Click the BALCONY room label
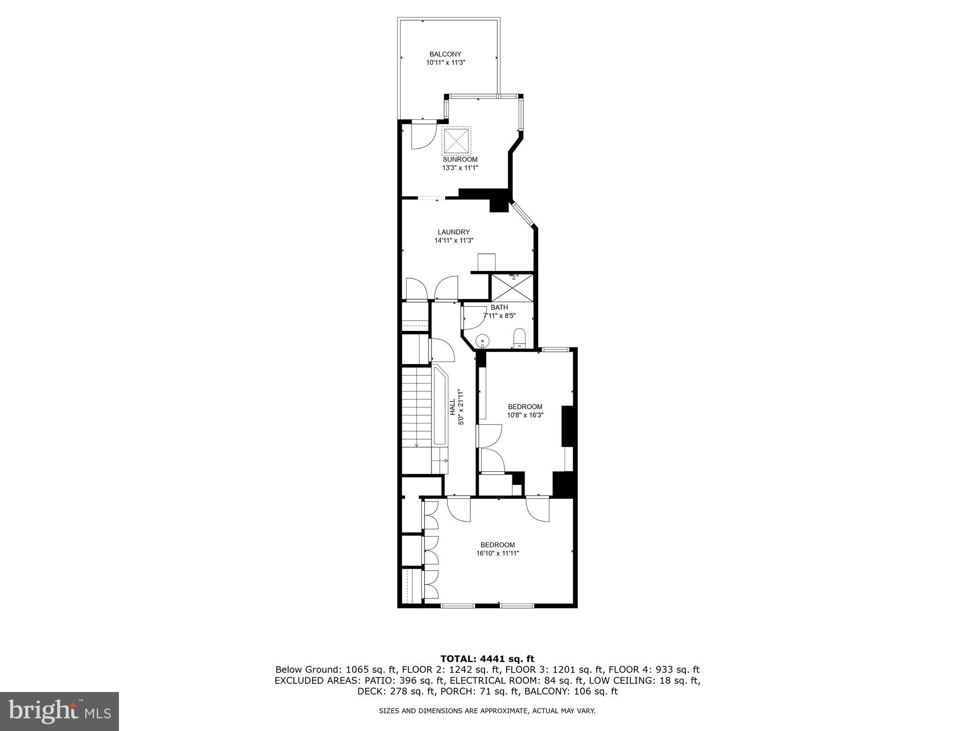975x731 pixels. [445, 54]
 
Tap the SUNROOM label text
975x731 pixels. [460, 159]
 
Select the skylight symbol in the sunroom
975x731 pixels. [457, 141]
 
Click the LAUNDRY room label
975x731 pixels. [453, 232]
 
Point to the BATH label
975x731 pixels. [499, 308]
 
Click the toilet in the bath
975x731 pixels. [520, 337]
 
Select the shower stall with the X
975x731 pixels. [512, 288]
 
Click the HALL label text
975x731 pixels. [452, 407]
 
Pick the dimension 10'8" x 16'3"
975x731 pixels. [525, 415]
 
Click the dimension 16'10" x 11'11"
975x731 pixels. [498, 553]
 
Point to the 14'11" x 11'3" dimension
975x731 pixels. [454, 240]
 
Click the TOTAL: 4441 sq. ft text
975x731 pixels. [487, 659]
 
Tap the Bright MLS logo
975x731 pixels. [59, 712]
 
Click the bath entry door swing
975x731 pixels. [474, 317]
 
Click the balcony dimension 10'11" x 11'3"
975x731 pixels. [445, 62]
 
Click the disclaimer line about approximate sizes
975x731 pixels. [487, 711]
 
